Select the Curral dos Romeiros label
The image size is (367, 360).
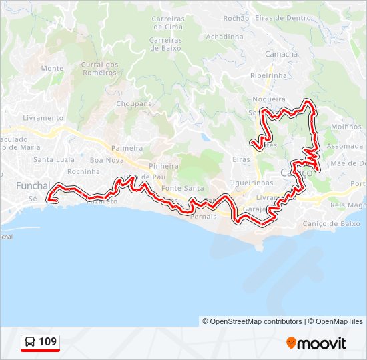pyautogui.click(x=99, y=68)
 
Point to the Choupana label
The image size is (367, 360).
pyautogui.click(x=134, y=104)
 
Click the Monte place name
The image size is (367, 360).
pyautogui.click(x=52, y=68)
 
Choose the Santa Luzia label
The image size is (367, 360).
pyautogui.click(x=54, y=159)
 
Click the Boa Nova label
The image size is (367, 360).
pyautogui.click(x=107, y=160)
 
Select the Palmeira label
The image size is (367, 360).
pyautogui.click(x=127, y=147)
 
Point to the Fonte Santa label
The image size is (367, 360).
pyautogui.click(x=183, y=188)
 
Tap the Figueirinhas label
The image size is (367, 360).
pyautogui.click(x=251, y=183)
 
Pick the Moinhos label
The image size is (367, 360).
pyautogui.click(x=346, y=127)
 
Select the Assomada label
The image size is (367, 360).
pyautogui.click(x=345, y=145)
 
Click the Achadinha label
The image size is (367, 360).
pyautogui.click(x=224, y=37)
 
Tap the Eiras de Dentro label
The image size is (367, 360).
pyautogui.click(x=283, y=18)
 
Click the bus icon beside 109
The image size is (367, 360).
pyautogui.click(x=30, y=342)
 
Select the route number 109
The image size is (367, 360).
pyautogui.click(x=48, y=342)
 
